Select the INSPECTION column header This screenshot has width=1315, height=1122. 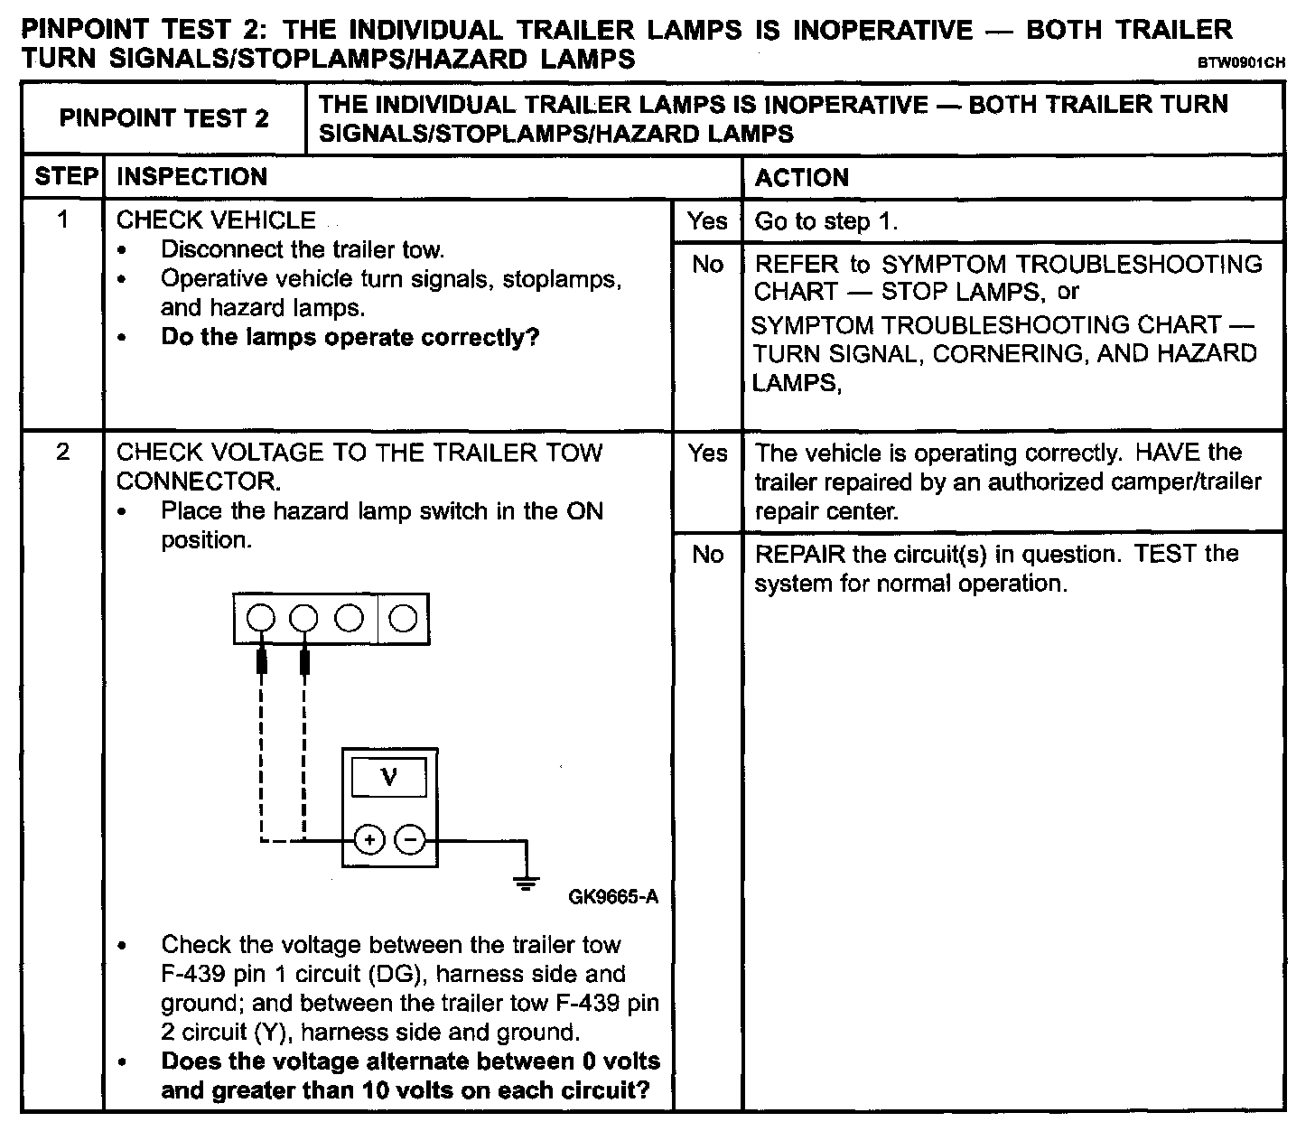click(191, 176)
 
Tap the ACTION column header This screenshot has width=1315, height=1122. click(801, 177)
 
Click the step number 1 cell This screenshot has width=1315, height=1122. click(63, 220)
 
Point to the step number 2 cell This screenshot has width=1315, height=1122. click(63, 452)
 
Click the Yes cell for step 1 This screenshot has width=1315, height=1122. click(706, 221)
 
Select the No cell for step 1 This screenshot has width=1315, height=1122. click(706, 265)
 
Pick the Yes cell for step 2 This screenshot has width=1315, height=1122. click(706, 453)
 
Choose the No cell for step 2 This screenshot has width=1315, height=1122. click(706, 554)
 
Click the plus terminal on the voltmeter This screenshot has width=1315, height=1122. click(368, 840)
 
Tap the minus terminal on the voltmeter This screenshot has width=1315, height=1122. click(410, 840)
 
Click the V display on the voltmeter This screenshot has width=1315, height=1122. click(389, 777)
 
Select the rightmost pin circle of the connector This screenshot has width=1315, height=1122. click(404, 618)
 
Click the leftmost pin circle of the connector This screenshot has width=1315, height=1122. click(260, 618)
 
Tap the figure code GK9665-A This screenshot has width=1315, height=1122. click(613, 897)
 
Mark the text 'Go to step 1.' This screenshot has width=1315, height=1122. click(825, 222)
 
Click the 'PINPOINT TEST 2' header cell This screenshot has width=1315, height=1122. click(163, 118)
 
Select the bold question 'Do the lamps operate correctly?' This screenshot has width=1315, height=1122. click(350, 338)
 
